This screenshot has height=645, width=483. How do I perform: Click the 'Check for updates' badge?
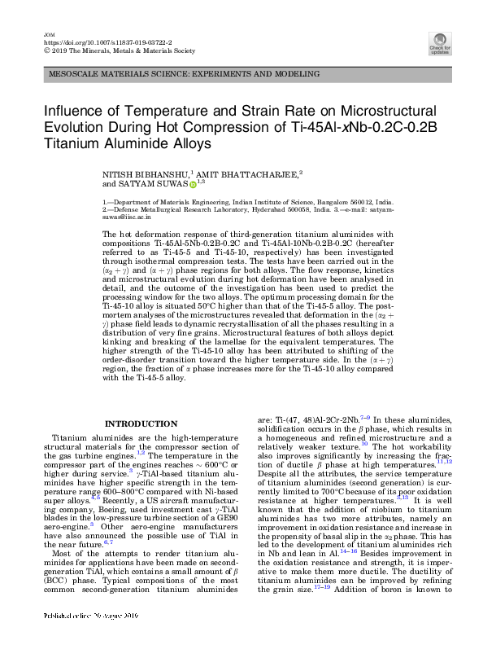click(440, 43)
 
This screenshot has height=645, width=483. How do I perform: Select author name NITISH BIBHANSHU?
click(145, 174)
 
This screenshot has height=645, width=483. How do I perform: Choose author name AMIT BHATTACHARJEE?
click(248, 174)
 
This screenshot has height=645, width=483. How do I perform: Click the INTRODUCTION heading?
click(141, 423)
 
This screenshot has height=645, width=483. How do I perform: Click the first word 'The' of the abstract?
click(109, 234)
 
